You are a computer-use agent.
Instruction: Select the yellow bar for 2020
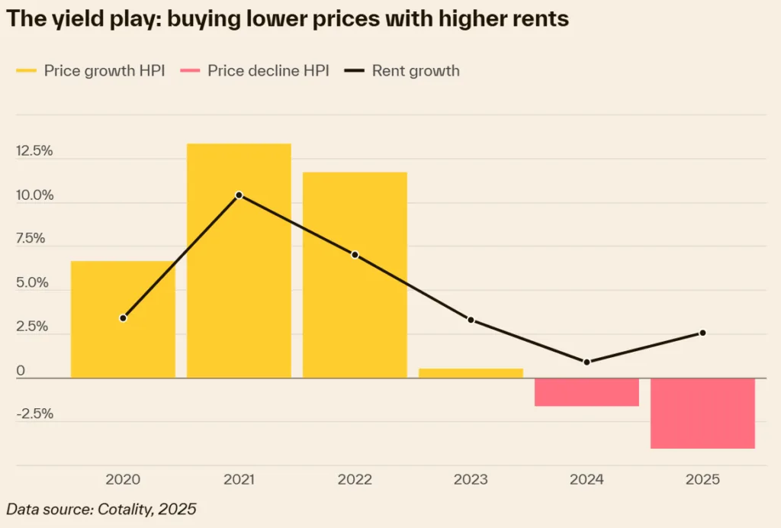tap(123, 343)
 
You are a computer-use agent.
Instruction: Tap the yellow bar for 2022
tap(355, 305)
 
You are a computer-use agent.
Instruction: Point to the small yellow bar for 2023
tap(471, 373)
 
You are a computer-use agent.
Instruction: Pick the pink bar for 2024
tap(587, 392)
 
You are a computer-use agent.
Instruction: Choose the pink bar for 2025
tap(702, 413)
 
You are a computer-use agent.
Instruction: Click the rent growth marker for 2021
tap(239, 195)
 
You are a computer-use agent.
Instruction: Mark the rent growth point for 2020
tap(123, 317)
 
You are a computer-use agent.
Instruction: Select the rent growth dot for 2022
tap(355, 255)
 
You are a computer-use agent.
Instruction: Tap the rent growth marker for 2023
tap(471, 320)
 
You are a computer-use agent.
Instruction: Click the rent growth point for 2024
tap(587, 362)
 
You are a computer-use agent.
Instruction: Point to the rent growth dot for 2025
tap(702, 333)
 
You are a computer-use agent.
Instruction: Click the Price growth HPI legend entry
tap(91, 71)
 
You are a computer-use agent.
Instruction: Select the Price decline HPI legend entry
tap(255, 71)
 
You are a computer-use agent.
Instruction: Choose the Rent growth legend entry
tap(402, 71)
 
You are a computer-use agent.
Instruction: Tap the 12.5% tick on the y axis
tap(34, 151)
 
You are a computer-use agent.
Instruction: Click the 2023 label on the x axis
tap(471, 480)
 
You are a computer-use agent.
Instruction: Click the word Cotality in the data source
tap(126, 509)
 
